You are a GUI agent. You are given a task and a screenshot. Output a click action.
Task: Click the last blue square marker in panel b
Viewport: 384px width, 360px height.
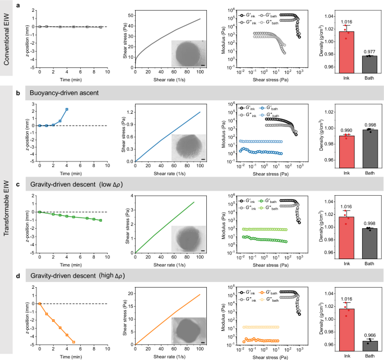click(x=67, y=109)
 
